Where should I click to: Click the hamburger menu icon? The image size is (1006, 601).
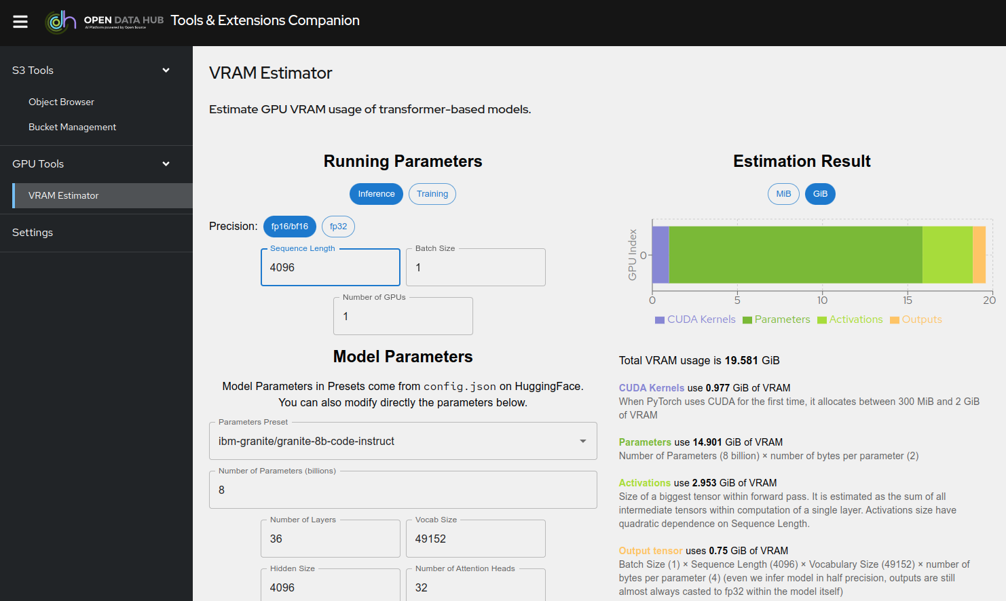click(x=20, y=22)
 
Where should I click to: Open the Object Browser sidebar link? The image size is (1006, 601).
click(x=61, y=102)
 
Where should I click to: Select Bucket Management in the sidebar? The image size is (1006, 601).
click(x=72, y=127)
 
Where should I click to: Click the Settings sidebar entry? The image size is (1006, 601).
click(x=33, y=232)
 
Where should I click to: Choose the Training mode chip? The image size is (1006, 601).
click(x=432, y=194)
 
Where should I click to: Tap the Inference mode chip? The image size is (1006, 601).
click(x=376, y=194)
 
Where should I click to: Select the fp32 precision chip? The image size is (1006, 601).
click(x=338, y=227)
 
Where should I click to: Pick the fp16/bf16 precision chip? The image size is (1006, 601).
click(x=289, y=227)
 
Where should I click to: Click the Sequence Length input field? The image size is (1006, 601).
click(x=330, y=267)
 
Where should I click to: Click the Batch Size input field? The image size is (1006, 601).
click(x=475, y=267)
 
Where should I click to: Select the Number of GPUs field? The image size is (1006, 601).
click(x=403, y=316)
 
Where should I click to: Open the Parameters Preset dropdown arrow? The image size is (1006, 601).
click(x=582, y=441)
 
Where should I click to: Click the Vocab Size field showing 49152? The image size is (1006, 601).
click(x=475, y=539)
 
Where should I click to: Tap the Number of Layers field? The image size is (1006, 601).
click(x=330, y=539)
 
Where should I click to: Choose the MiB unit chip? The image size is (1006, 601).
click(x=783, y=194)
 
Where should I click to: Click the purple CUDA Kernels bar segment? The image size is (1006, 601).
click(x=660, y=254)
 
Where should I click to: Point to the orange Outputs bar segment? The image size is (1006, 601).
click(x=979, y=254)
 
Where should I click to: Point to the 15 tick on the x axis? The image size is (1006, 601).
click(x=907, y=300)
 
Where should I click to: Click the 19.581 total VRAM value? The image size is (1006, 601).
click(x=741, y=360)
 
